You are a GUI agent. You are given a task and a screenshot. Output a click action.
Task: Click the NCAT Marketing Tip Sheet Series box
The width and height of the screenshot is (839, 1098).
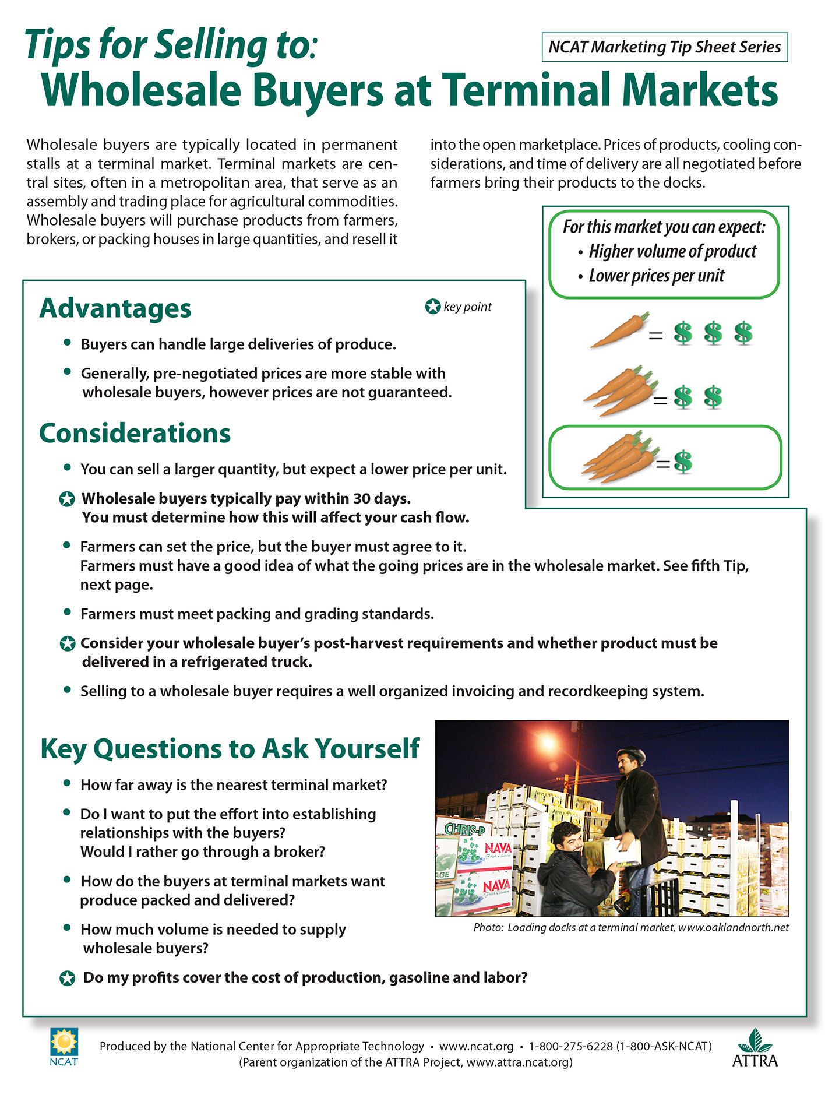(x=664, y=47)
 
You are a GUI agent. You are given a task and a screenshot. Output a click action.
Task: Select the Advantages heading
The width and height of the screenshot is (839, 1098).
(x=115, y=308)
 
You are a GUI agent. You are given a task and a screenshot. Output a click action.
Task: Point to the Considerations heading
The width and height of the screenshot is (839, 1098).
(x=135, y=434)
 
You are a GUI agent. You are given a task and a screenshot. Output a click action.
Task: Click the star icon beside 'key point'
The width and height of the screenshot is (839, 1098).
(x=432, y=307)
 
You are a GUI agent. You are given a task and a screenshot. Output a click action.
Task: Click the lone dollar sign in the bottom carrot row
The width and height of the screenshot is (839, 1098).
(x=683, y=462)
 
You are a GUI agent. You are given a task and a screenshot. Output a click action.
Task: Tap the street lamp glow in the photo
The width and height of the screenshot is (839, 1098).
(x=548, y=743)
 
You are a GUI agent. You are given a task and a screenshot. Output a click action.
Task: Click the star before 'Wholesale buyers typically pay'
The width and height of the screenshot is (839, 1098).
(x=68, y=499)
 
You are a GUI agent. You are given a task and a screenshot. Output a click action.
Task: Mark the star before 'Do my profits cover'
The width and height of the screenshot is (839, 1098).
(x=68, y=979)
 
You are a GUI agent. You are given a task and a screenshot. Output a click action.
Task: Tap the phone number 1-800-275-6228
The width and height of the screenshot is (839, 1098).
(x=570, y=1046)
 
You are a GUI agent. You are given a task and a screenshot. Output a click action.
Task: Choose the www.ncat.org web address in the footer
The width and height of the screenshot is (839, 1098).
(x=476, y=1046)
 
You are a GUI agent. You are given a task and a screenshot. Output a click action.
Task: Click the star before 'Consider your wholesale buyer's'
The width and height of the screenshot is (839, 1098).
(x=68, y=644)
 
